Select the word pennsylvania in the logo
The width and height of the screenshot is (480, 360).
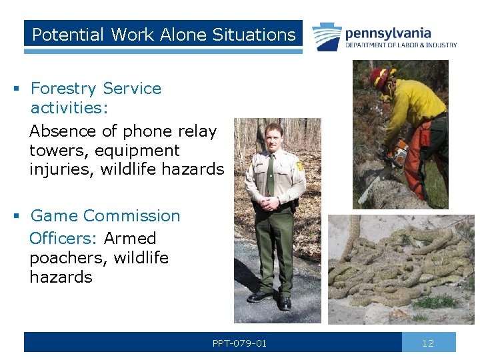[x=388, y=33]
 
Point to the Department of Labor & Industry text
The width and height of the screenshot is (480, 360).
[x=401, y=45]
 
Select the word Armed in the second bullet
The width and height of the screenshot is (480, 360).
[x=130, y=239]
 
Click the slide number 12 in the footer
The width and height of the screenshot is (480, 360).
[x=428, y=343]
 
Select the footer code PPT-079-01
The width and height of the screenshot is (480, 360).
[x=239, y=343]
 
